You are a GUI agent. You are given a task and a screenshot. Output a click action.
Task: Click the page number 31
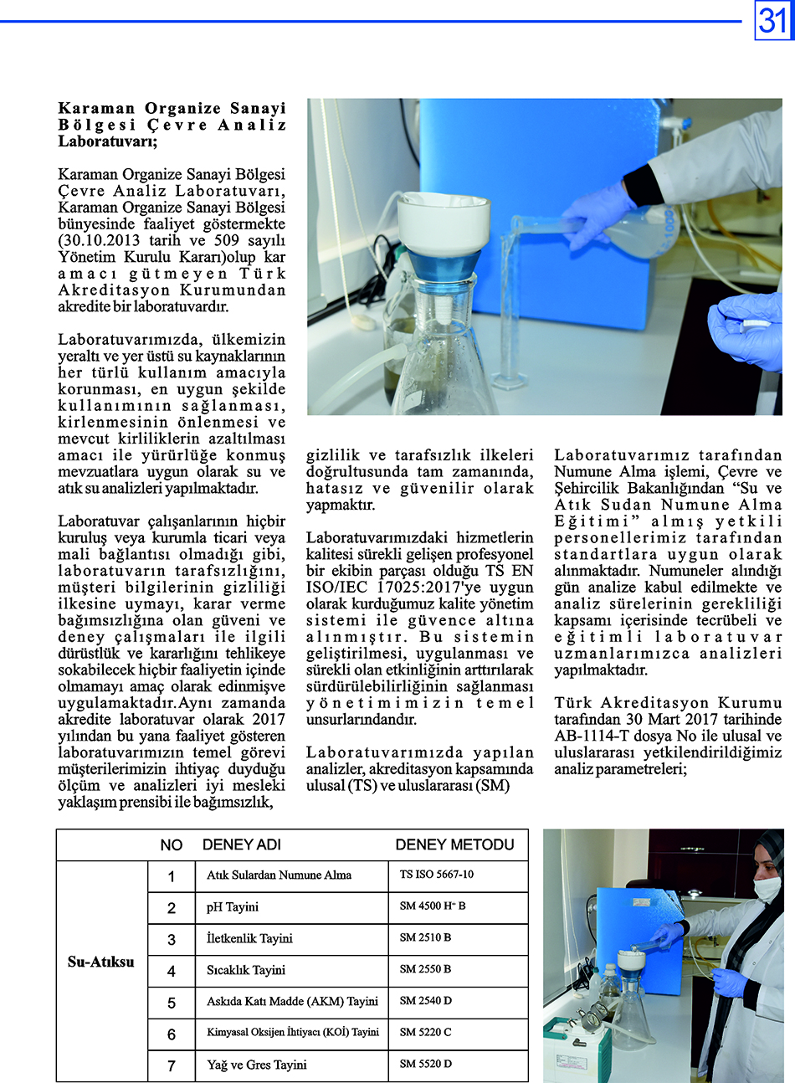tap(774, 21)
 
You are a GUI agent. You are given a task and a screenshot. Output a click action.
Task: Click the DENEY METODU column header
tap(454, 844)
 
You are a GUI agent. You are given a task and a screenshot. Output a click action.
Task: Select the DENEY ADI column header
tap(242, 844)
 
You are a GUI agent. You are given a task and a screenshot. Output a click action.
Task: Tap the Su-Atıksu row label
tap(101, 962)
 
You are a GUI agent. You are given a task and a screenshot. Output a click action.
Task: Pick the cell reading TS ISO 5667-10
tap(436, 874)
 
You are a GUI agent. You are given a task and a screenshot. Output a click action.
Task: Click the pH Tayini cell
tap(233, 907)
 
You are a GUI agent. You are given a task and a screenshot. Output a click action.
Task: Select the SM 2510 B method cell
tap(425, 937)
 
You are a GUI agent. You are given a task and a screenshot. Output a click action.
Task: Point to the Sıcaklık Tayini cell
tap(246, 970)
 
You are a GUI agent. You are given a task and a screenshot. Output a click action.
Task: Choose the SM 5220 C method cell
tap(425, 1032)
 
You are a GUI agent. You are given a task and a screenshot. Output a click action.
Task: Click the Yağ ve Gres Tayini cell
tap(257, 1065)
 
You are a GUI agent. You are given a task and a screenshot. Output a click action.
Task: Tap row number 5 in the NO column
tap(172, 1003)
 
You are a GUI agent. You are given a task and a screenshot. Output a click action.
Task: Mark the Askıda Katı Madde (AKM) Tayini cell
tap(292, 1001)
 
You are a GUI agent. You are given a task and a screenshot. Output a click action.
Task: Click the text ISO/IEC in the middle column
tap(331, 588)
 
